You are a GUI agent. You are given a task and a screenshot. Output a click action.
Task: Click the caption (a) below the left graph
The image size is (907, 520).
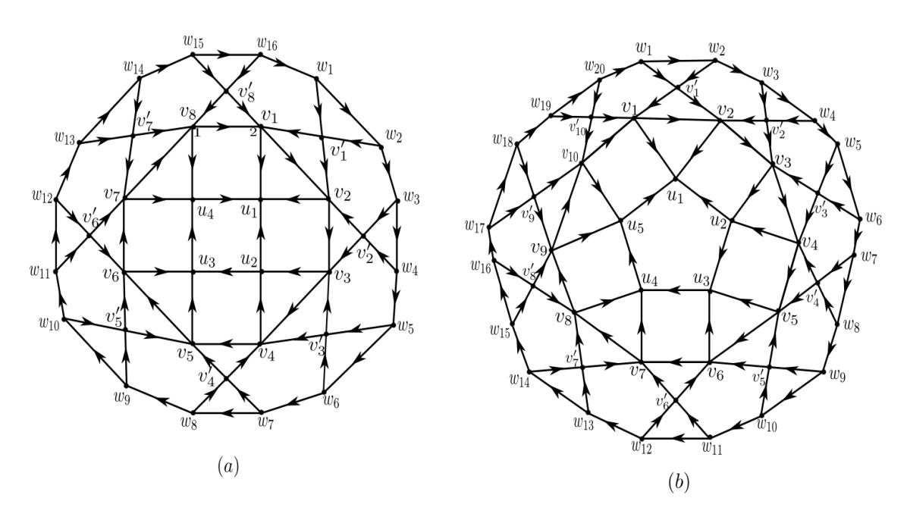pyautogui.click(x=228, y=465)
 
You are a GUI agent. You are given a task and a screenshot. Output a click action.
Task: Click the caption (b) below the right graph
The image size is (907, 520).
pyautogui.click(x=678, y=481)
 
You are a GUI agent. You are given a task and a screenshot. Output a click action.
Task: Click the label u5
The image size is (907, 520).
pyautogui.click(x=636, y=227)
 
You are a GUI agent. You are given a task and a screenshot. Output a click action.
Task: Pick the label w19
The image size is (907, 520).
pyautogui.click(x=541, y=104)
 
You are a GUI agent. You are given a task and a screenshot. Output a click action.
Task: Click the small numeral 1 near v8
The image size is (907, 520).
pyautogui.click(x=197, y=134)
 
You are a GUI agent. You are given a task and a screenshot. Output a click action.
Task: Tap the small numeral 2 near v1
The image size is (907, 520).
pyautogui.click(x=253, y=133)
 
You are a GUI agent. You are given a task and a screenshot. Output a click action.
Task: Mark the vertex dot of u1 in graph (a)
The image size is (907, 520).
pyautogui.click(x=261, y=200)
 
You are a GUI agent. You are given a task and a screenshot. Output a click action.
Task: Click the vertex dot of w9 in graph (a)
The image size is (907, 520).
pyautogui.click(x=126, y=386)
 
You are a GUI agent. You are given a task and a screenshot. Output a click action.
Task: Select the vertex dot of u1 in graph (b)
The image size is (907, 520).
pyautogui.click(x=674, y=180)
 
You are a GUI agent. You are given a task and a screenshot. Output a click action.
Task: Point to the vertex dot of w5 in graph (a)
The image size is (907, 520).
pyautogui.click(x=394, y=324)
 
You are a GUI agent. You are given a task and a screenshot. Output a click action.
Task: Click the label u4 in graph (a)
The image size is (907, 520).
pyautogui.click(x=206, y=213)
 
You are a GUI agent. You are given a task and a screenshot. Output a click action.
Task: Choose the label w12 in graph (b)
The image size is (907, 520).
pyautogui.click(x=642, y=447)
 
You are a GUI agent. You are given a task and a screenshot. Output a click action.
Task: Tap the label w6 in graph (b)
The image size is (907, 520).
pyautogui.click(x=874, y=219)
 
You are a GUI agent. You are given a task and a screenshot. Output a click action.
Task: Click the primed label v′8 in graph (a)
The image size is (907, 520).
pyautogui.click(x=246, y=92)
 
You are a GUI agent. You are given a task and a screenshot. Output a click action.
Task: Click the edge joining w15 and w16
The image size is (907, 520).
pyautogui.click(x=226, y=55)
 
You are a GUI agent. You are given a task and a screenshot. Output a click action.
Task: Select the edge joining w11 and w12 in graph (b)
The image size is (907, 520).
pyautogui.click(x=675, y=438)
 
